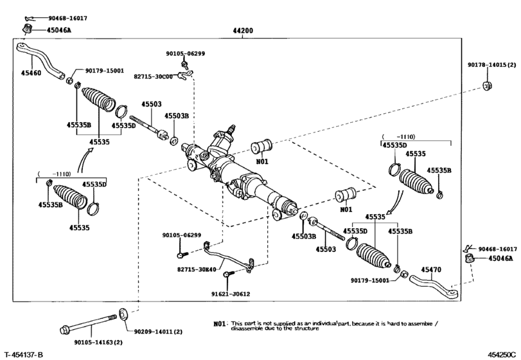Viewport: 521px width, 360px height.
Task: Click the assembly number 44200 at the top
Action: (243, 31)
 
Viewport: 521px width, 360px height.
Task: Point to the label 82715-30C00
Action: (153, 76)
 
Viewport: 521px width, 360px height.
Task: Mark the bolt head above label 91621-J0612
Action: (227, 275)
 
